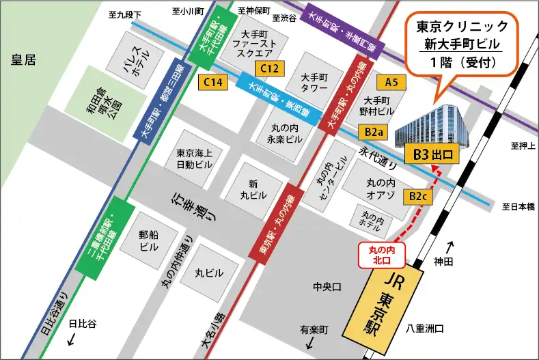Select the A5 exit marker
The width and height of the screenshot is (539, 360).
click(x=391, y=83)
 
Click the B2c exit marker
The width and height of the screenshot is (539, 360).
click(x=417, y=197)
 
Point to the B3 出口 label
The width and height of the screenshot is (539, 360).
click(x=432, y=155)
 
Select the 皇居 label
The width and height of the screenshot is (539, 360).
click(x=22, y=59)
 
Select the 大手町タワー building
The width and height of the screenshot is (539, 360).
click(x=315, y=82)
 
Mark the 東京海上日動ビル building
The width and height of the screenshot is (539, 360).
click(x=195, y=158)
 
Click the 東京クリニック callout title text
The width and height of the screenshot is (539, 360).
click(x=462, y=27)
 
